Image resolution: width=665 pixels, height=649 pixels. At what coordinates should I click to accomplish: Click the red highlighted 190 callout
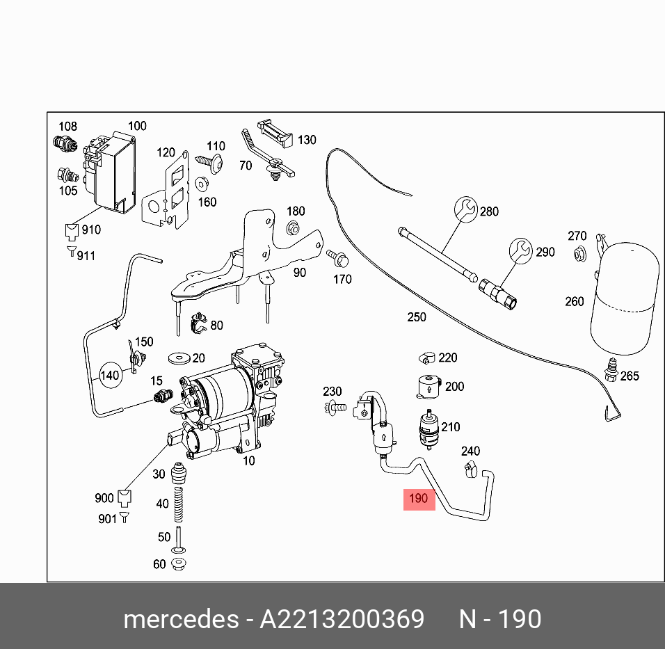click(419, 499)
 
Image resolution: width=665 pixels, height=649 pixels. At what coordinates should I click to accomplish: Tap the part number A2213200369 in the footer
click(342, 618)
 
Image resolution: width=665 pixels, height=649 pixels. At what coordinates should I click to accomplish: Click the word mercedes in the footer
click(180, 618)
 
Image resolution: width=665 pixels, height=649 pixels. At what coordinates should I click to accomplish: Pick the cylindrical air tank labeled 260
click(624, 296)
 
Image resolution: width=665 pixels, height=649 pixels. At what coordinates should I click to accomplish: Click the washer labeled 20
click(180, 358)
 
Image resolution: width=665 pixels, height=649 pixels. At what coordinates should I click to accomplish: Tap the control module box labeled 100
click(111, 170)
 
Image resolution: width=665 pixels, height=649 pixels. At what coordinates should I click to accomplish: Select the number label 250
click(416, 317)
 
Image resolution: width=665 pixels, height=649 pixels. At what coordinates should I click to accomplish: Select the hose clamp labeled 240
click(470, 472)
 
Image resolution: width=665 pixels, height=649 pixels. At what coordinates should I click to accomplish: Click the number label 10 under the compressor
click(248, 460)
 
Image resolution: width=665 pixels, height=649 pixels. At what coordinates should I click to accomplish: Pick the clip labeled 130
click(275, 134)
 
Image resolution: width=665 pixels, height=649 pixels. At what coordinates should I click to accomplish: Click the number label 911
click(86, 256)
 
